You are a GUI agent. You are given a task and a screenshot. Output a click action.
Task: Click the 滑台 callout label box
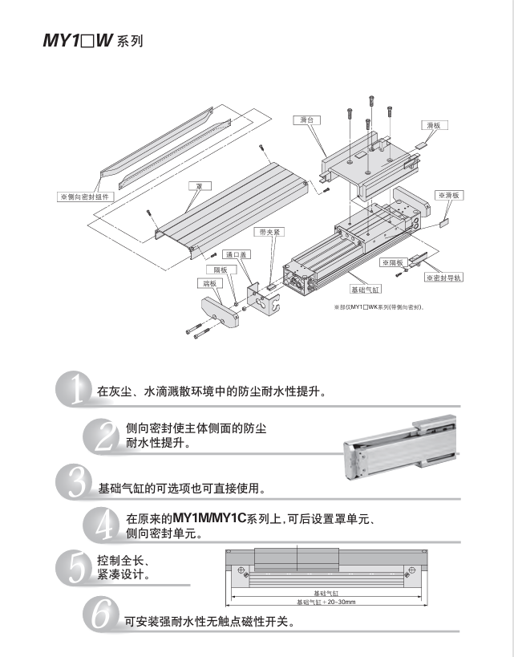pos(305,120)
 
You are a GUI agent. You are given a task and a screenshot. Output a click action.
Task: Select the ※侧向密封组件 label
pos(88,195)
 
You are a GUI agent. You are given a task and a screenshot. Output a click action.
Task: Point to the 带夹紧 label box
pos(268,232)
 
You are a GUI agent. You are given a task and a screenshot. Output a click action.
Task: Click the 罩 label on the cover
pos(198,185)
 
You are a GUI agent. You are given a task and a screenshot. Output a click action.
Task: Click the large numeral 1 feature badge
pos(74,391)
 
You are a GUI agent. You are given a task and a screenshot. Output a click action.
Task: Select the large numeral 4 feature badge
pos(102,525)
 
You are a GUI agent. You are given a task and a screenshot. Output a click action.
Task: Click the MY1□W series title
pos(92,40)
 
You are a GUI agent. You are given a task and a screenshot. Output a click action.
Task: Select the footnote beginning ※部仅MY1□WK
pos(378,306)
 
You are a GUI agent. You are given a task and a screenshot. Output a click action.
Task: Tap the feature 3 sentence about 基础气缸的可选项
pos(181,488)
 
